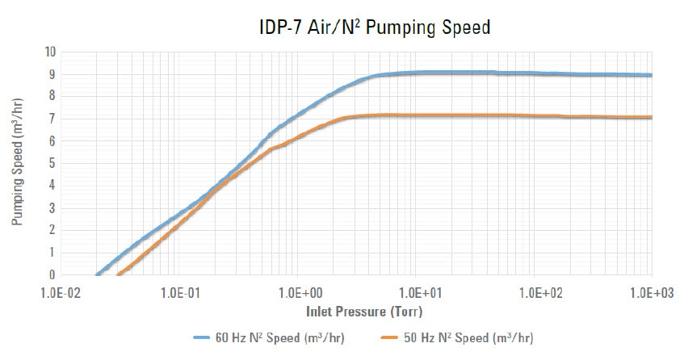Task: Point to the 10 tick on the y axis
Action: pyautogui.click(x=49, y=52)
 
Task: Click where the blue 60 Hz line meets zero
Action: pyautogui.click(x=98, y=274)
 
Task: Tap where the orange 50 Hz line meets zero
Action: pyautogui.click(x=119, y=274)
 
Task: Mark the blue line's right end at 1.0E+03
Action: pyautogui.click(x=651, y=75)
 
